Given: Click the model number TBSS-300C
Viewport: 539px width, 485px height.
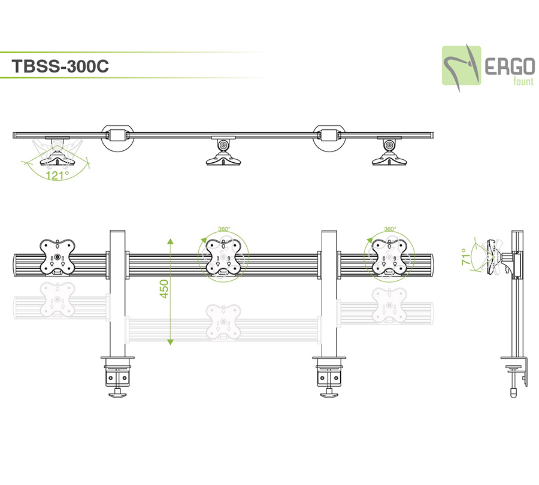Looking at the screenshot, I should click(60, 66).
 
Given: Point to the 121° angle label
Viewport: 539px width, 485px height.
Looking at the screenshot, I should click(58, 175).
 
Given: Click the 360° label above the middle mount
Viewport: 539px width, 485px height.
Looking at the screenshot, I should click(223, 229).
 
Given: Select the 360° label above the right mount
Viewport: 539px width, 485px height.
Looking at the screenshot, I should click(390, 229).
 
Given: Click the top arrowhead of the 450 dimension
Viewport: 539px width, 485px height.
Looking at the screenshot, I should click(171, 241).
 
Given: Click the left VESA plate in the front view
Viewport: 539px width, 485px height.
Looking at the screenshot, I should click(57, 256).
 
